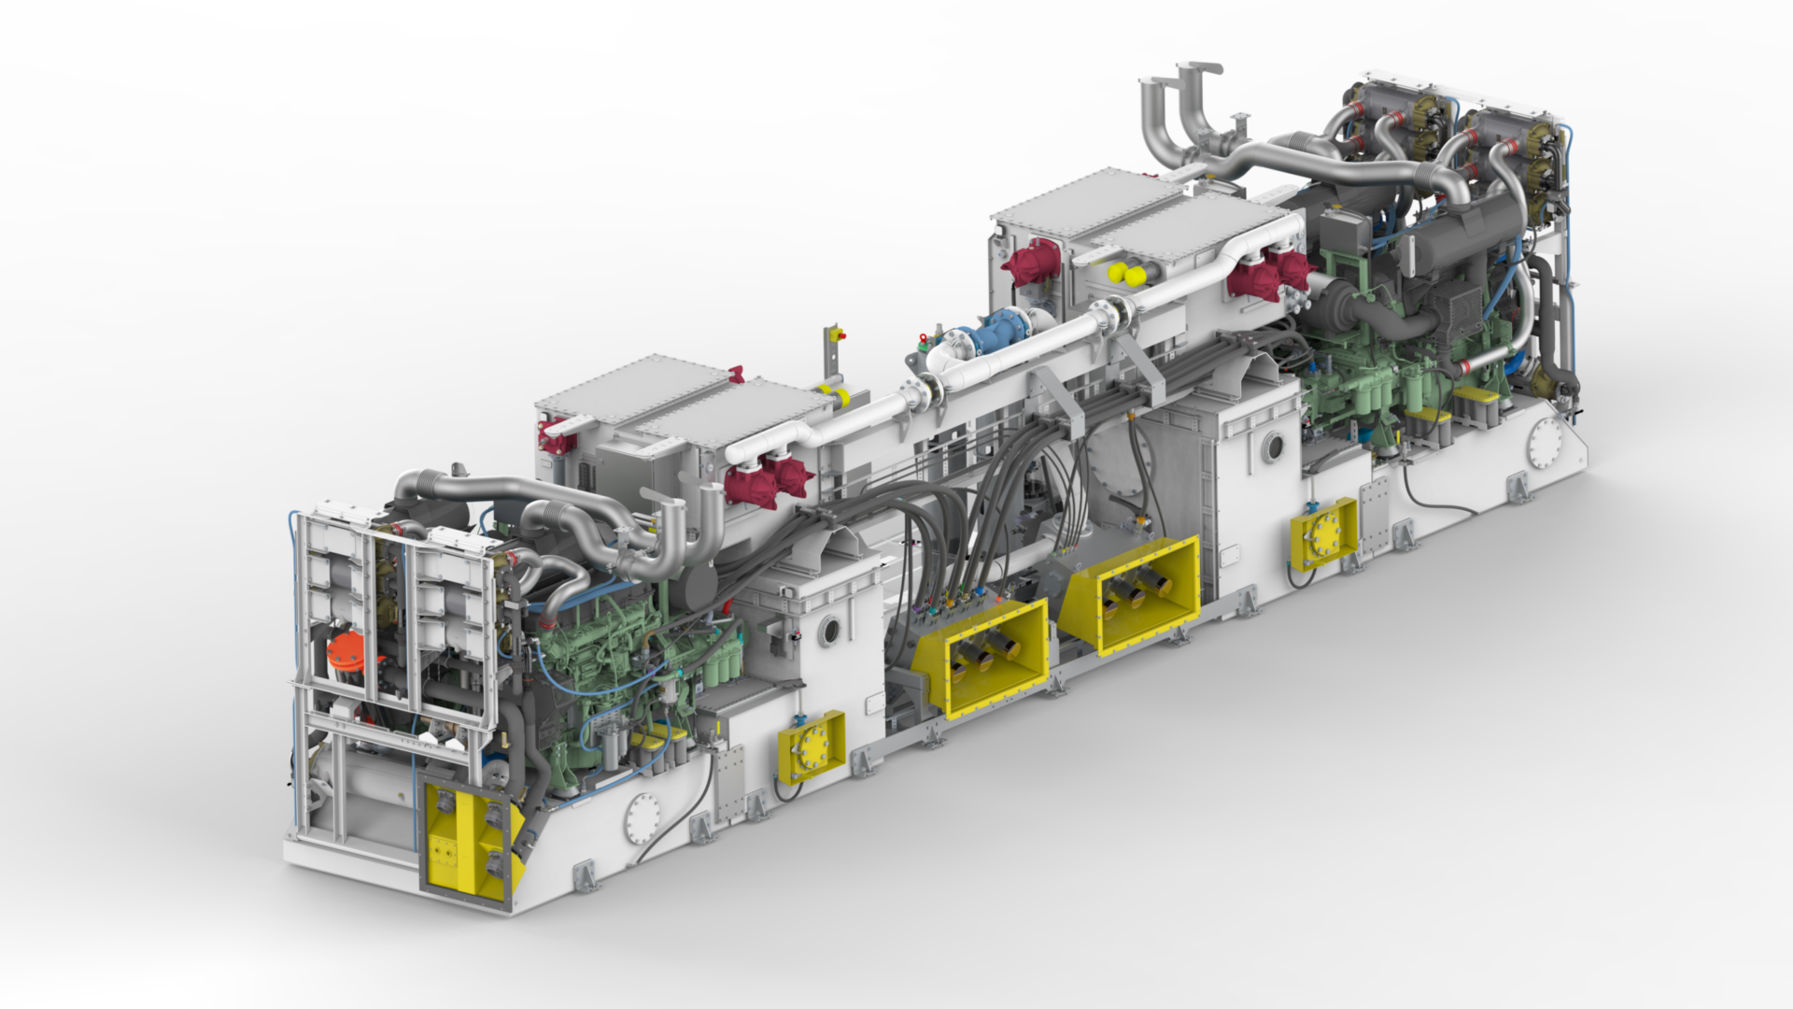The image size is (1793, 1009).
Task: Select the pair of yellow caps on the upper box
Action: pos(1126,274)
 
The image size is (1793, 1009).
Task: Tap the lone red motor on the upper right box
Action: pos(1031,263)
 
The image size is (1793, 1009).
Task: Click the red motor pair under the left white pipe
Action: pos(768,480)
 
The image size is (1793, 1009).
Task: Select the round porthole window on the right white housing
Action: pos(1273,448)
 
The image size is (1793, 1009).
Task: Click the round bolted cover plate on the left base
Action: pos(643,818)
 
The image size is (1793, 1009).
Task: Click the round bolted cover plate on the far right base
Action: pos(1545,444)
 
